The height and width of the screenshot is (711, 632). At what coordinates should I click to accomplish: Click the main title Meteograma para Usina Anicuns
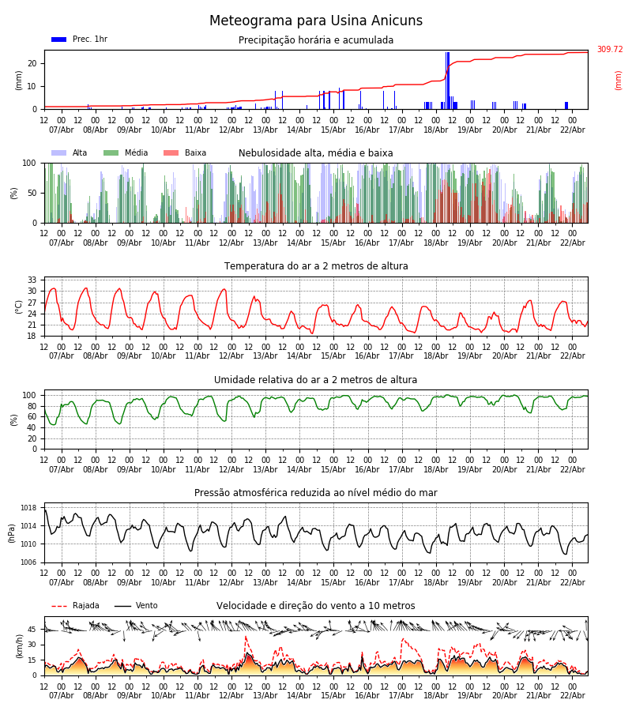(x=316, y=21)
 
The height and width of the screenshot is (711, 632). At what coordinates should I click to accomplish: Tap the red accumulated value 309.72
(x=609, y=50)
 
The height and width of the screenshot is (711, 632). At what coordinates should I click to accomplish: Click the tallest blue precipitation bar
(x=447, y=79)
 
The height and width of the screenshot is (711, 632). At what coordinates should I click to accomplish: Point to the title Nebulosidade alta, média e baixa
(x=315, y=153)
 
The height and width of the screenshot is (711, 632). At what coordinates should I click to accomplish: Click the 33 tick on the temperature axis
(x=32, y=280)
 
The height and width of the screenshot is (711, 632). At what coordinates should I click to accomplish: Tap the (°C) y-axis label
(x=18, y=306)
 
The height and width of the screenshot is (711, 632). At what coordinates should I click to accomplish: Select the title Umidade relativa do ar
(x=315, y=380)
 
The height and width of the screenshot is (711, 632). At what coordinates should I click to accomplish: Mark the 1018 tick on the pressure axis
(x=28, y=508)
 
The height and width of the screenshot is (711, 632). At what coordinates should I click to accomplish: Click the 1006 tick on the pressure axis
(x=28, y=562)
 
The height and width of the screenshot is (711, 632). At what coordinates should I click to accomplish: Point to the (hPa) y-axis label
(x=13, y=532)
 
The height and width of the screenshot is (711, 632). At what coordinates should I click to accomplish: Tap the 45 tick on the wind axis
(x=32, y=630)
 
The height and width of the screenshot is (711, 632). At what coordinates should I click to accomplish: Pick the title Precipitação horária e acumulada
(x=316, y=40)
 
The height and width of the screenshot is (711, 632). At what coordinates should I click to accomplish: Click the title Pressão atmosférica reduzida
(x=315, y=493)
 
